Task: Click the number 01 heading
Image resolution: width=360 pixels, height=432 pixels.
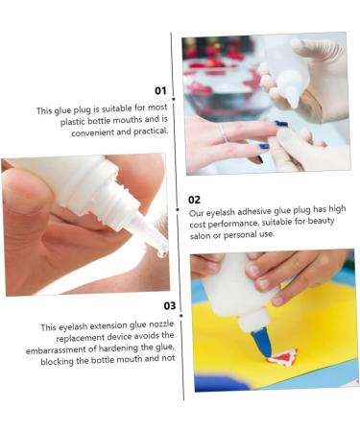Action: pos(160,91)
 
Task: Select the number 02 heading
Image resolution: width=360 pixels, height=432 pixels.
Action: pos(195,200)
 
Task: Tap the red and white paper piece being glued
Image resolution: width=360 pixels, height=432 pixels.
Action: pos(281,358)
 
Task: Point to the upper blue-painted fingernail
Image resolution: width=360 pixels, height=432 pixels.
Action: pos(281,123)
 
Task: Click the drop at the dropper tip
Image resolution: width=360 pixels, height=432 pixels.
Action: pos(162,252)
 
